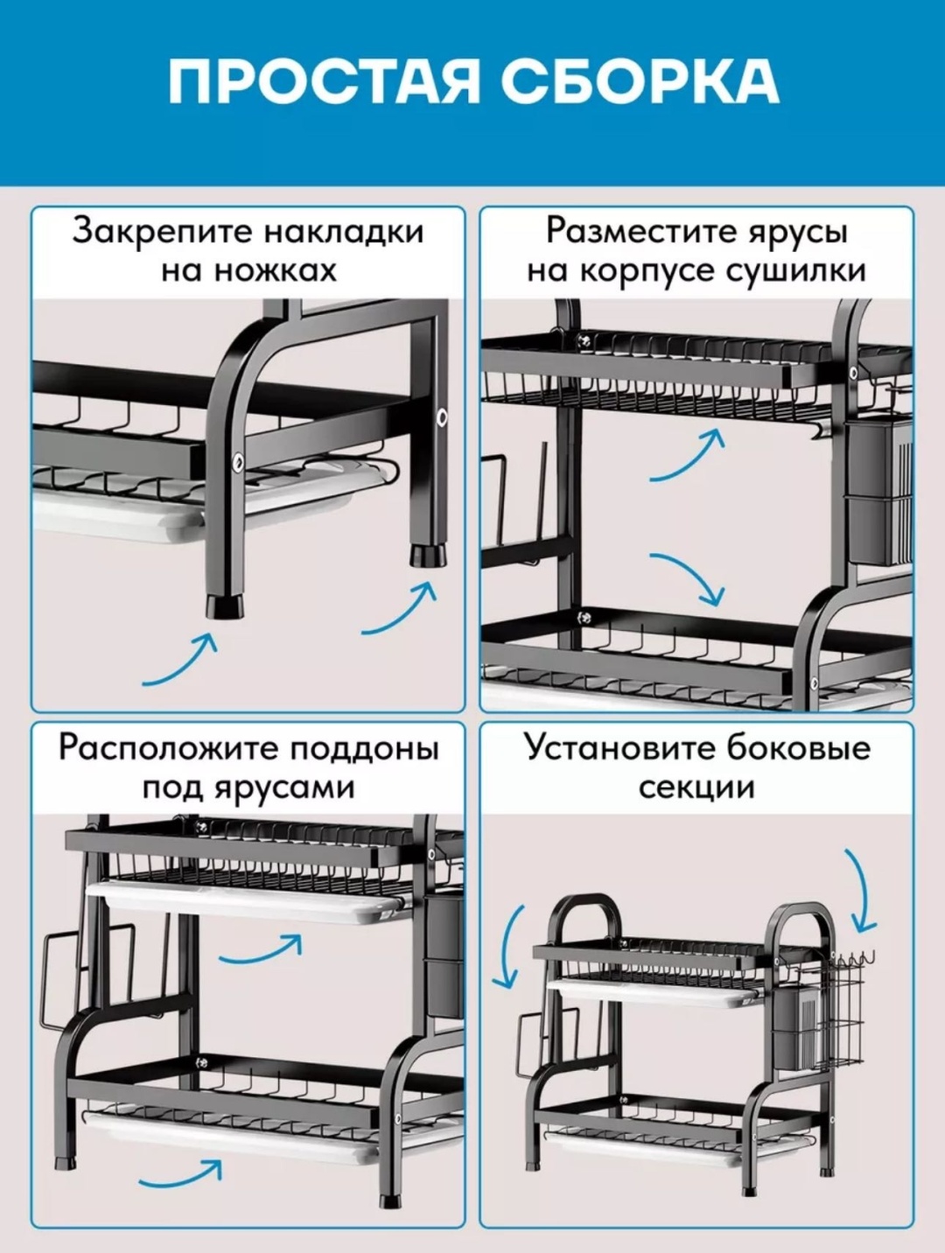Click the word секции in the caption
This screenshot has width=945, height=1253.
tap(696, 787)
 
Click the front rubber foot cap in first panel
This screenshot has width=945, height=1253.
tap(224, 608)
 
